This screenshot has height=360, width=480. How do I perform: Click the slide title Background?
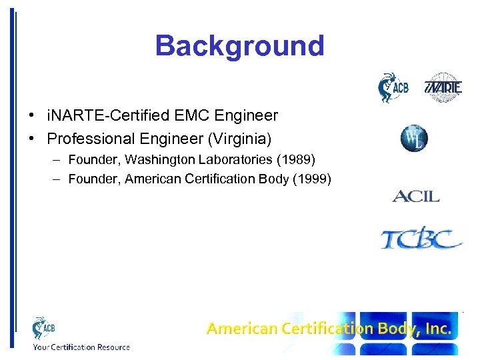pos(239,46)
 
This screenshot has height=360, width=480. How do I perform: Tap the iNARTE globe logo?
pos(443,88)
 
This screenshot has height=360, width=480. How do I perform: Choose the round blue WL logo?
pos(414,139)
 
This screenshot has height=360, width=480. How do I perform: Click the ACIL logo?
pos(415,196)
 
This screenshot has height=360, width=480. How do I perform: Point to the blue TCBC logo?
pos(421,238)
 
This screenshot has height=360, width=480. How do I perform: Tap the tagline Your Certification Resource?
pos(81,347)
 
